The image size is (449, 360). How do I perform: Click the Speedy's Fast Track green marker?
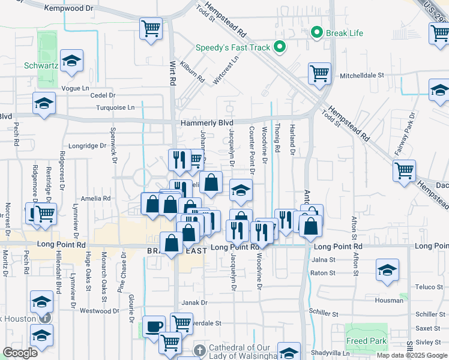coord(279,46)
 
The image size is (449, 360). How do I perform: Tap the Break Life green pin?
coord(316,32)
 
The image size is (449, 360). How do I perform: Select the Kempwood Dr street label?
coord(69,8)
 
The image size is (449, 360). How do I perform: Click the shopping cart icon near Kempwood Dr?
coord(151,28)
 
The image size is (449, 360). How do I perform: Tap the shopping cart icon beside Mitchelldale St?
coord(319,74)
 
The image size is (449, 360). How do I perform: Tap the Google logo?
coord(20,353)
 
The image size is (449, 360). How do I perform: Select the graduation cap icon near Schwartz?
coord(71,61)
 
